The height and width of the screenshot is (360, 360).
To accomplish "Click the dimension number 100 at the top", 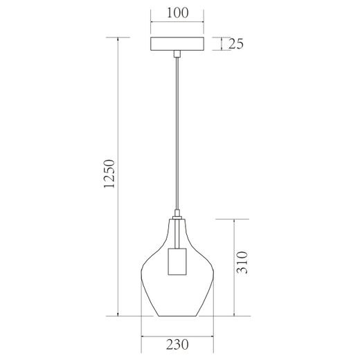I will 177,13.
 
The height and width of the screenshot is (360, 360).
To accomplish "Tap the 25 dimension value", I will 235,44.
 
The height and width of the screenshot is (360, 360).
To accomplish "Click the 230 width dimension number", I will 179,344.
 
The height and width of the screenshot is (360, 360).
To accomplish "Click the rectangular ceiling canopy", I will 179,44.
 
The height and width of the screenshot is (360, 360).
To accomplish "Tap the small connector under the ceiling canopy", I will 179,53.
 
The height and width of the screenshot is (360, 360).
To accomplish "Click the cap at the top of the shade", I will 179,217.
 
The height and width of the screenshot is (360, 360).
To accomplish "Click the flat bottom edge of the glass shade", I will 179,316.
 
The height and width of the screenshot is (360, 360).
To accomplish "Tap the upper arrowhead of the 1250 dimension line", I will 119,39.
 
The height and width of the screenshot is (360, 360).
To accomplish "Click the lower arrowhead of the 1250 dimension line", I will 119,314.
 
